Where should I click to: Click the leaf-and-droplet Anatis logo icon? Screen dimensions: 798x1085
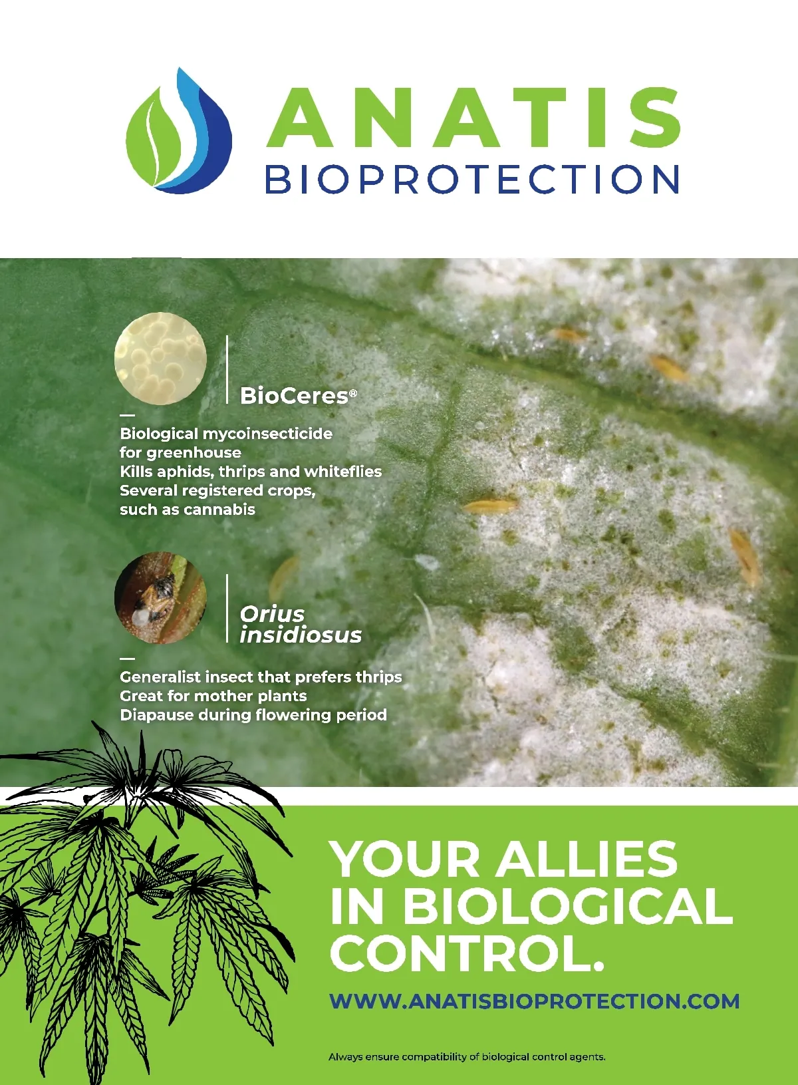pos(178,131)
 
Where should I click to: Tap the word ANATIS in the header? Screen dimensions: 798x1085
pos(473,118)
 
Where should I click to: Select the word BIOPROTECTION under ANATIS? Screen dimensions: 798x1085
pos(471,179)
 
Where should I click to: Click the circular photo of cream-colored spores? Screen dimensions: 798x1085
pos(160,359)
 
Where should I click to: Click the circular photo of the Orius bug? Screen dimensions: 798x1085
pos(160,598)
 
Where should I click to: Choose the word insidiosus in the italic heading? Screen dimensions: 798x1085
pos(301,635)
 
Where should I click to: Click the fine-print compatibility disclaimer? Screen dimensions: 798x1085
pos(467,1057)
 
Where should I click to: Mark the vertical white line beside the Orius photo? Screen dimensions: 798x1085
pos(227,609)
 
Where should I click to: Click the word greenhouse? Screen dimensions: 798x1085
pos(194,453)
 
